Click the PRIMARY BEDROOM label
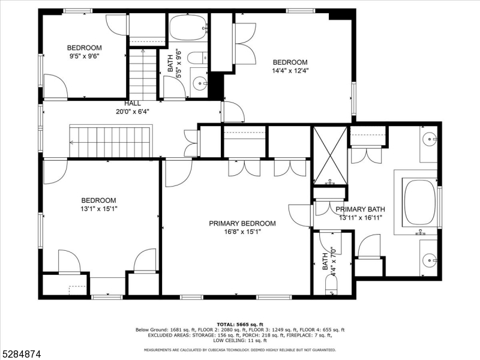(x=242, y=223)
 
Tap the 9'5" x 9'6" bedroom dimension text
(x=85, y=56)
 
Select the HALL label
(x=133, y=103)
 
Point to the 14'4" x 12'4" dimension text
(x=290, y=71)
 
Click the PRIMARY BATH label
(x=361, y=209)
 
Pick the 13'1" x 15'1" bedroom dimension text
(x=98, y=209)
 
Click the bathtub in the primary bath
(x=420, y=203)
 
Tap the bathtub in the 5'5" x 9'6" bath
(x=188, y=27)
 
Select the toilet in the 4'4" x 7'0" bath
(x=331, y=284)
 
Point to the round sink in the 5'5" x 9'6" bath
(x=200, y=83)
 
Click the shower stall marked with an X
(x=331, y=156)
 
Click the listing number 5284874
(x=20, y=355)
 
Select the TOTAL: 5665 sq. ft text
(x=240, y=325)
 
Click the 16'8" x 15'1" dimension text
(x=242, y=232)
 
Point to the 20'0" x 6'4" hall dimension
(x=132, y=112)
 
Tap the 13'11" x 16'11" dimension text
(x=361, y=218)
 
